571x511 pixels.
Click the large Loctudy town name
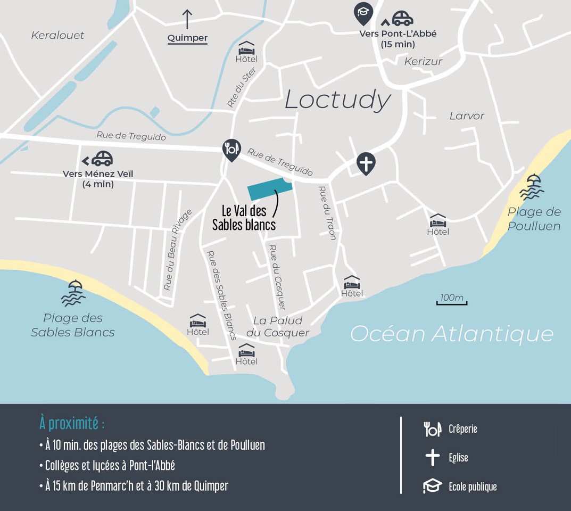pyautogui.click(x=338, y=100)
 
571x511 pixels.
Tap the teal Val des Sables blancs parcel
pyautogui.click(x=270, y=189)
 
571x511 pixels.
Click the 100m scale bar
pyautogui.click(x=452, y=300)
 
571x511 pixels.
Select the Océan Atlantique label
pyautogui.click(x=452, y=334)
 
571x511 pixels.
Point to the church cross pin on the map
pyautogui.click(x=366, y=163)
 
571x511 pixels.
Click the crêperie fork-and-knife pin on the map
pyautogui.click(x=231, y=150)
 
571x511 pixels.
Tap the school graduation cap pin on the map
pyautogui.click(x=363, y=12)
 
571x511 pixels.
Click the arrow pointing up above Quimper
pyautogui.click(x=187, y=19)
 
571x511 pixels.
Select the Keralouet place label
pyautogui.click(x=57, y=36)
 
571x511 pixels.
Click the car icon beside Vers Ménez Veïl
pyautogui.click(x=102, y=159)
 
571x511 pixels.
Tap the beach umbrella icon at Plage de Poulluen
pyautogui.click(x=532, y=187)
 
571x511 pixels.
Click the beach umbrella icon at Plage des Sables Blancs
pyautogui.click(x=73, y=293)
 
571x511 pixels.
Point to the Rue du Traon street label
pyautogui.click(x=327, y=212)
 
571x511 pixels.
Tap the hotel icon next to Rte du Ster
pyautogui.click(x=246, y=48)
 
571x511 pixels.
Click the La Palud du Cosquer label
pyautogui.click(x=277, y=326)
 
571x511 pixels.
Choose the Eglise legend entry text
pyautogui.click(x=458, y=457)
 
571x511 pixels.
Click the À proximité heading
pyautogui.click(x=72, y=424)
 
